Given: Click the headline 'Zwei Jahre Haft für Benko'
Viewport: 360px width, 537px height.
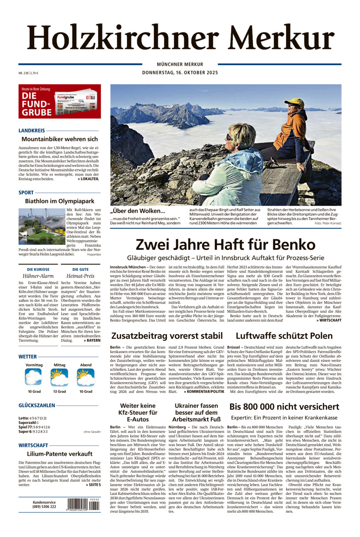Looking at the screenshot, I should (225, 244).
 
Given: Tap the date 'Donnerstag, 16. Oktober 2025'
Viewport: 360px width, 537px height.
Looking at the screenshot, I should (180, 73).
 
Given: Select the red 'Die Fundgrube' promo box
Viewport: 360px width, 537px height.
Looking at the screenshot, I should (60, 101).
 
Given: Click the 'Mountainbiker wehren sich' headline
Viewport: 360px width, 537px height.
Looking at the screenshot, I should (60, 139).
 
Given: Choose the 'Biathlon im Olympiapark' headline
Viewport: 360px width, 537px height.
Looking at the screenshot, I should (60, 201).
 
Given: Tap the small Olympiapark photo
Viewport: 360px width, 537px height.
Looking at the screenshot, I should (41, 226).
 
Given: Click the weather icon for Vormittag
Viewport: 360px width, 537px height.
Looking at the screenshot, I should (33, 377).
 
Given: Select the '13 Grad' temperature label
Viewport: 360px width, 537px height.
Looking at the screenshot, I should (59, 391).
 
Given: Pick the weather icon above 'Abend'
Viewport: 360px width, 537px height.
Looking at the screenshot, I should (86, 377).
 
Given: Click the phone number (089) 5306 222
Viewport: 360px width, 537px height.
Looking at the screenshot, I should (44, 506).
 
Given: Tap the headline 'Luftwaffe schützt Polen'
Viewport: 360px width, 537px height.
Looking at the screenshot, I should (288, 335).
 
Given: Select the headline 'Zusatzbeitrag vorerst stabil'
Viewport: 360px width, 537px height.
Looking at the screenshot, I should (167, 335).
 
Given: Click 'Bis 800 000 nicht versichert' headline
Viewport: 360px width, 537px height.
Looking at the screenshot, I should (284, 406).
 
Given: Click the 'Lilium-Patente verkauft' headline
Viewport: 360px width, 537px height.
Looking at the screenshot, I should (60, 454).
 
